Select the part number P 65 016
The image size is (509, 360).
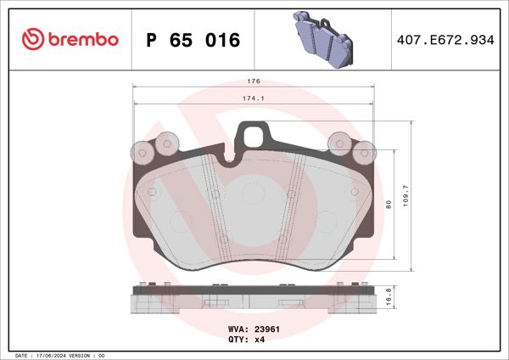click(193, 40)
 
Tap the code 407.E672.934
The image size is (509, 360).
click(445, 40)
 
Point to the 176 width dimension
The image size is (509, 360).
click(253, 82)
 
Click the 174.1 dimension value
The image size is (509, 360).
click(253, 99)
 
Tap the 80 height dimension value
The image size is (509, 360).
click(389, 204)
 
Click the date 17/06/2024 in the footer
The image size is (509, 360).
click(59, 355)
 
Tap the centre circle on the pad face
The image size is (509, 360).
click(253, 194)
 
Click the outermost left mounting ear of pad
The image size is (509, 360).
click(142, 153)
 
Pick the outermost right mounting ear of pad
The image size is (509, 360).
click(365, 153)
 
